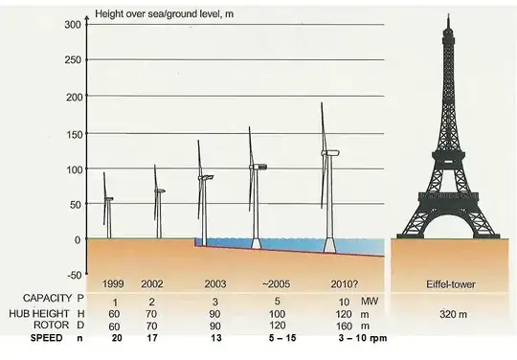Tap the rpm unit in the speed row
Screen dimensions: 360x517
click(371, 339)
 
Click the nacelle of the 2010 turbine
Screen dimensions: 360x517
click(330, 153)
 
